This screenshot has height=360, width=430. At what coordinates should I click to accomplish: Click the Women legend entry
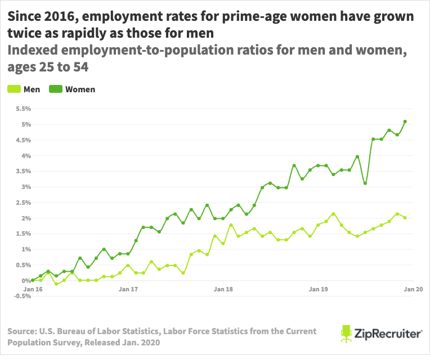click(x=73, y=89)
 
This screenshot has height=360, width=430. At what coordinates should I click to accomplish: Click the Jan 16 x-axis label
click(x=33, y=289)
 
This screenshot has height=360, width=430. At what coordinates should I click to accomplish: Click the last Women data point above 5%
click(x=405, y=121)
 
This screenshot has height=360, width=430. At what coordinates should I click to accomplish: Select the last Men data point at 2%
click(x=405, y=218)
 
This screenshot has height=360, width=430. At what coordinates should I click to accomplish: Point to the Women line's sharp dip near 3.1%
click(x=365, y=183)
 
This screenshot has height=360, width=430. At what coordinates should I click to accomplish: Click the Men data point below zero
click(x=56, y=284)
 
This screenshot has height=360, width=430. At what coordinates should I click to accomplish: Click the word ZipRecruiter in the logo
click(x=389, y=334)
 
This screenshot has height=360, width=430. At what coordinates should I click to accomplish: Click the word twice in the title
click(x=23, y=34)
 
